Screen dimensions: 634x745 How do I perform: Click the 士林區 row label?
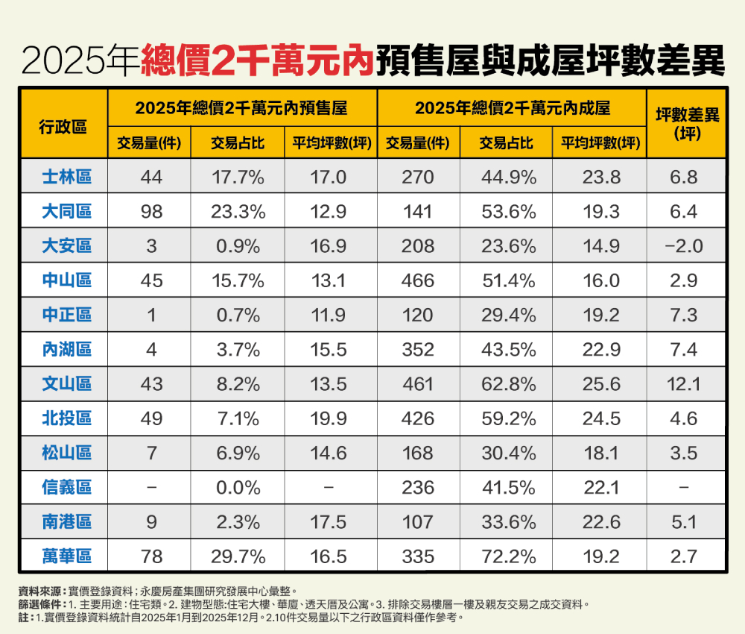(x=66, y=177)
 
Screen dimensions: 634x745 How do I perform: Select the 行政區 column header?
(x=63, y=125)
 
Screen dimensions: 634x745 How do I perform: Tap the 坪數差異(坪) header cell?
(x=686, y=125)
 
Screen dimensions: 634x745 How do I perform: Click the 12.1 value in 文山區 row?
(x=684, y=384)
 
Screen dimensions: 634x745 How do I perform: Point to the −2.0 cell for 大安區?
(x=684, y=246)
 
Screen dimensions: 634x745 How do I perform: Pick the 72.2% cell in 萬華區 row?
(x=507, y=556)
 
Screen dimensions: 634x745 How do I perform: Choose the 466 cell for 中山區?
(x=417, y=280)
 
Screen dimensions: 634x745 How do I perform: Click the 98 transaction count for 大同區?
(x=151, y=212)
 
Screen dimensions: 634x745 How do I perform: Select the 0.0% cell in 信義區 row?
(x=238, y=488)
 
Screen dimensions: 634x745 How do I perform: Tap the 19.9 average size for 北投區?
(x=329, y=418)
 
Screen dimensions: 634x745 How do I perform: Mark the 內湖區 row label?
(x=66, y=349)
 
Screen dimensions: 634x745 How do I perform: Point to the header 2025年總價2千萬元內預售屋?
(x=241, y=108)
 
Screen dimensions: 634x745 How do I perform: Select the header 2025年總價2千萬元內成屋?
(x=513, y=108)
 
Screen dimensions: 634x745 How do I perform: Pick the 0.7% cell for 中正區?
(x=238, y=315)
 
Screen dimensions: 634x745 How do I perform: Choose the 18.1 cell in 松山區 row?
(x=600, y=453)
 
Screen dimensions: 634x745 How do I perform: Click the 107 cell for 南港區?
(x=417, y=522)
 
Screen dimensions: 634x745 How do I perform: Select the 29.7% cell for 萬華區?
(x=238, y=556)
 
